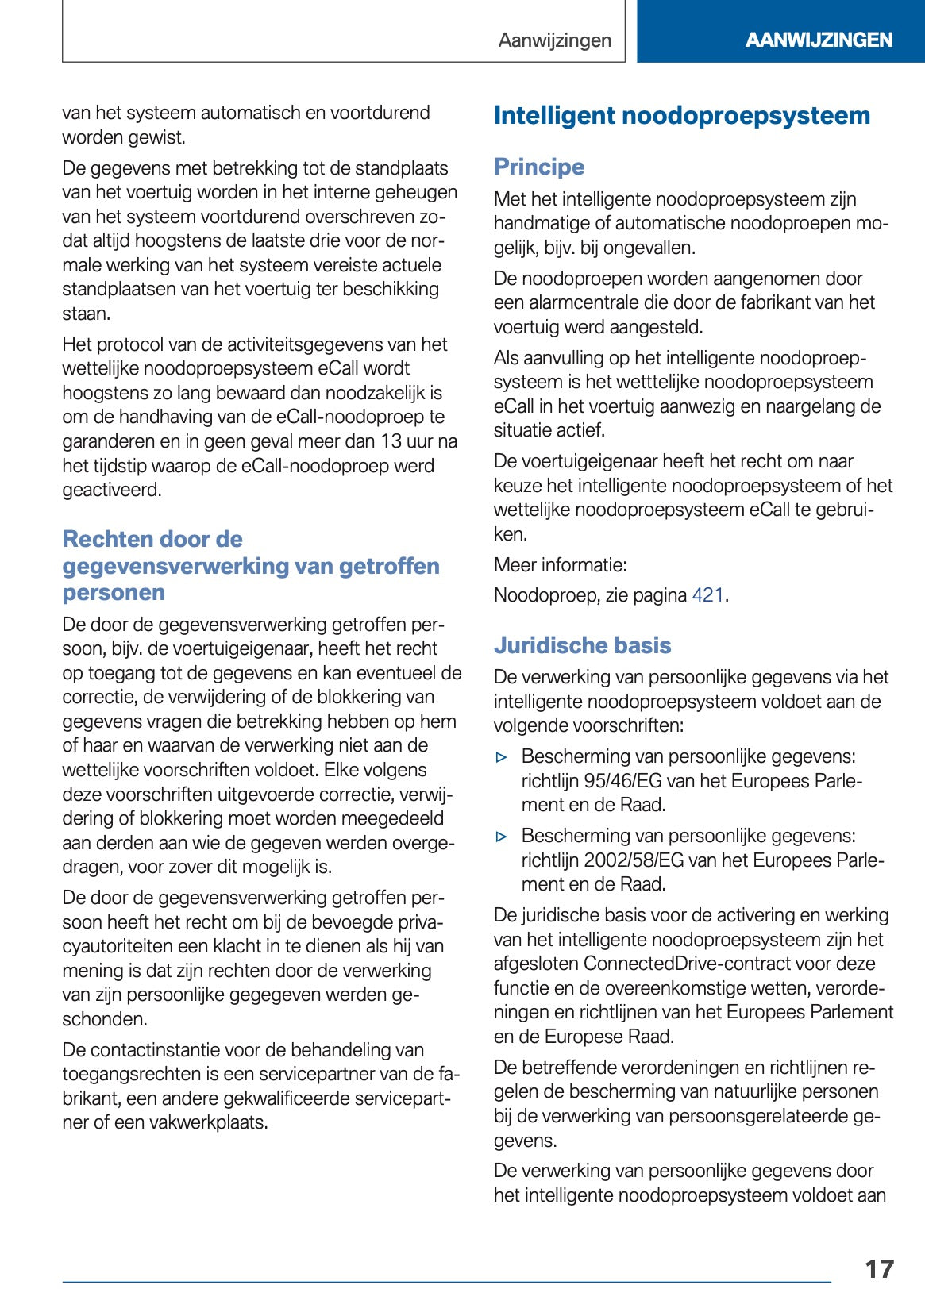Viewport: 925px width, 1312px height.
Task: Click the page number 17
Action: (x=879, y=1268)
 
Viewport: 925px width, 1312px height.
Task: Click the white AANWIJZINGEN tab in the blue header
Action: (x=819, y=40)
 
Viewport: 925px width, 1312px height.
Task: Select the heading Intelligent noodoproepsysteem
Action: (x=681, y=116)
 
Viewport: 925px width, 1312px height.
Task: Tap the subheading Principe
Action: (x=538, y=167)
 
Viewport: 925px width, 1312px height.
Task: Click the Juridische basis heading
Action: (x=582, y=645)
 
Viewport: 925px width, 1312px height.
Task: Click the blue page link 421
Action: (x=707, y=595)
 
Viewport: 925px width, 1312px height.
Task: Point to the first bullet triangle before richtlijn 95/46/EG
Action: (x=501, y=757)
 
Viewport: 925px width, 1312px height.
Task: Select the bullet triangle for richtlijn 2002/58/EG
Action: (x=501, y=837)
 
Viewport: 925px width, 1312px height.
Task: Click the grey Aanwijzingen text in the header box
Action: (x=554, y=40)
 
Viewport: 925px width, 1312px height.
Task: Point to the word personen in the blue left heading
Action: (x=114, y=593)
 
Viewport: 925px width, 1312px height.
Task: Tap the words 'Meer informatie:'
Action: (x=560, y=565)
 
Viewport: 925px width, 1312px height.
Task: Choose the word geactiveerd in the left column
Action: (x=111, y=490)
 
